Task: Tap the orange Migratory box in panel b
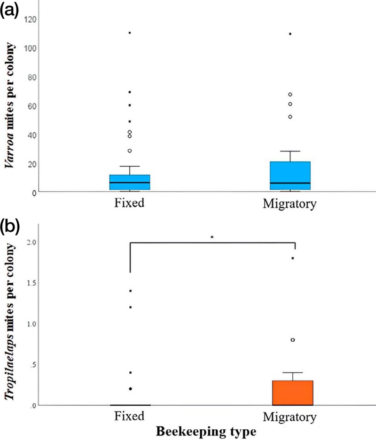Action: [x=293, y=393]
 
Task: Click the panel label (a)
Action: [x=10, y=10]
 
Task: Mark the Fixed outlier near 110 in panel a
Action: [x=130, y=33]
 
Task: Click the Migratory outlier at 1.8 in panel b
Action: [x=293, y=258]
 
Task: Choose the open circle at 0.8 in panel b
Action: [x=293, y=340]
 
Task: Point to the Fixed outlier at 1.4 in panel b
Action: [x=130, y=291]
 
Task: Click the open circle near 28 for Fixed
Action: [x=130, y=151]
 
